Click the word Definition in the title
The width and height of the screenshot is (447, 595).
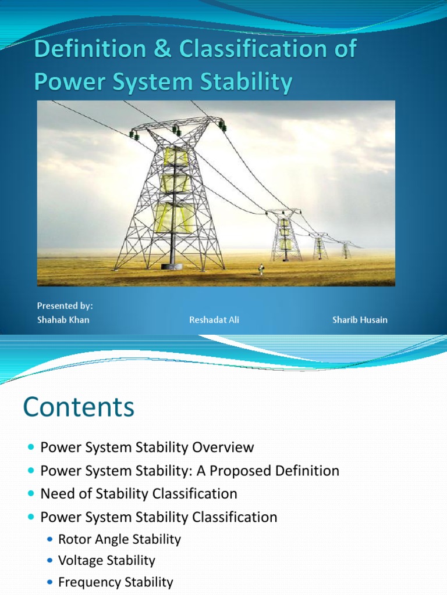click(88, 50)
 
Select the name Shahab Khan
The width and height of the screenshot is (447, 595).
click(63, 320)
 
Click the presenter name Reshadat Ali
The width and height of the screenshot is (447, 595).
click(214, 320)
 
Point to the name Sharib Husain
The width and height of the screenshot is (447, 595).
click(360, 320)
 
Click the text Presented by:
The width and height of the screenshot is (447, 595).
click(65, 306)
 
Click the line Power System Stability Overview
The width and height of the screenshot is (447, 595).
click(147, 447)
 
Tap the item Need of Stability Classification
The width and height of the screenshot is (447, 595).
click(139, 494)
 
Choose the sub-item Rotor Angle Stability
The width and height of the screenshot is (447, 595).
click(119, 539)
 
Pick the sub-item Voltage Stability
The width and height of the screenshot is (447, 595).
click(107, 561)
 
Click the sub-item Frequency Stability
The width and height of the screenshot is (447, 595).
click(115, 582)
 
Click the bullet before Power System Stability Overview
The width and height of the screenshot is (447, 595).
click(31, 448)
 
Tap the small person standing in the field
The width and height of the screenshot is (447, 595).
click(260, 269)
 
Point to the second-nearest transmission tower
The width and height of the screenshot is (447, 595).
click(285, 235)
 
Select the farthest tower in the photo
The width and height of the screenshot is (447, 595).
click(346, 250)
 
